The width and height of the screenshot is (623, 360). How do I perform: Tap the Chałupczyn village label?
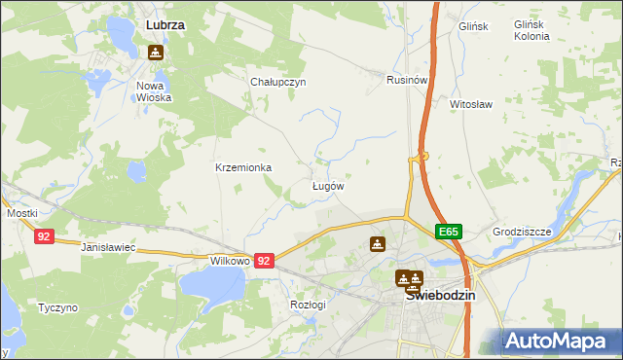tap(278, 83)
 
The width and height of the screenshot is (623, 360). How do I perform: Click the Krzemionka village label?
tap(243, 167)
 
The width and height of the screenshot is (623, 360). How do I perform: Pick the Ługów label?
tap(327, 185)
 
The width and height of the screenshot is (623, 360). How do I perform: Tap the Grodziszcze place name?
tap(522, 233)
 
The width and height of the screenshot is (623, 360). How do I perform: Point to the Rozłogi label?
tap(308, 304)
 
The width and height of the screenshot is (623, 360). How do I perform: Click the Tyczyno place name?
tap(57, 307)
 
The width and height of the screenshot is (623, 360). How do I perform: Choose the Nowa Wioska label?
tap(154, 91)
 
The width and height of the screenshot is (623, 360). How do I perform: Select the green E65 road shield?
tap(448, 232)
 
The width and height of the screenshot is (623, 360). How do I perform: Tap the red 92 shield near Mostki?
tap(43, 236)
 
